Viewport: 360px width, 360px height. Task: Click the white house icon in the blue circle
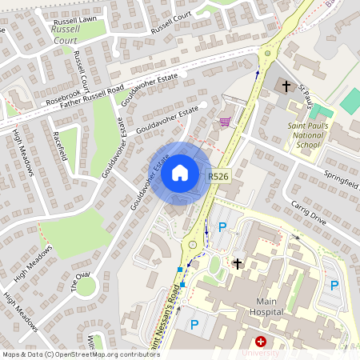[x=180, y=172]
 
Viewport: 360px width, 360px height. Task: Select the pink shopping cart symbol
[x=226, y=122]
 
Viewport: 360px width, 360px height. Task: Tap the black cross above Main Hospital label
[x=237, y=263]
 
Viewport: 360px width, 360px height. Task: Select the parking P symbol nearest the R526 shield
[x=222, y=227]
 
